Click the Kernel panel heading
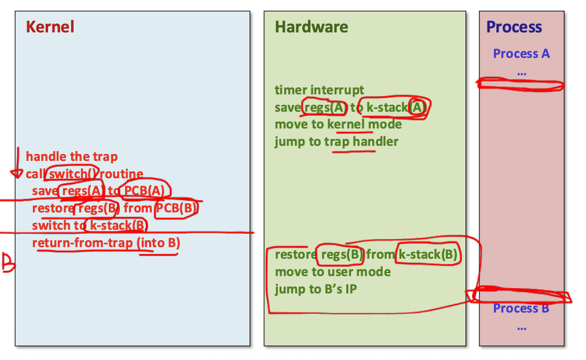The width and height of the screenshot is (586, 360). click(50, 27)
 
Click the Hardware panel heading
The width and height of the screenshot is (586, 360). click(312, 27)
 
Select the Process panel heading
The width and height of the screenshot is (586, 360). click(514, 27)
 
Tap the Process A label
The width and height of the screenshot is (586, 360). click(521, 54)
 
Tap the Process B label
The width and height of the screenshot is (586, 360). click(521, 308)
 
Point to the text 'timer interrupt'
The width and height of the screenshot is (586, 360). click(320, 90)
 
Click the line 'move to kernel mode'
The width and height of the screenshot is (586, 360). click(338, 124)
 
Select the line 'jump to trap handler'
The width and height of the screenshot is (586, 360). click(336, 142)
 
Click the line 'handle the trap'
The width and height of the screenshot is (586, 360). click(72, 156)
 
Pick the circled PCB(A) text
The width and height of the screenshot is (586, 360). click(147, 191)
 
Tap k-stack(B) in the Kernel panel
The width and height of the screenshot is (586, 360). click(116, 226)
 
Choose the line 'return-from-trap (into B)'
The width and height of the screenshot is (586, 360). click(106, 243)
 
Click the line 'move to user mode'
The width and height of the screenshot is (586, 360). click(333, 272)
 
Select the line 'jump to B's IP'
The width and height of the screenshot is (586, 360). click(316, 289)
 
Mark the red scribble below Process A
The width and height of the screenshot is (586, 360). click(520, 85)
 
